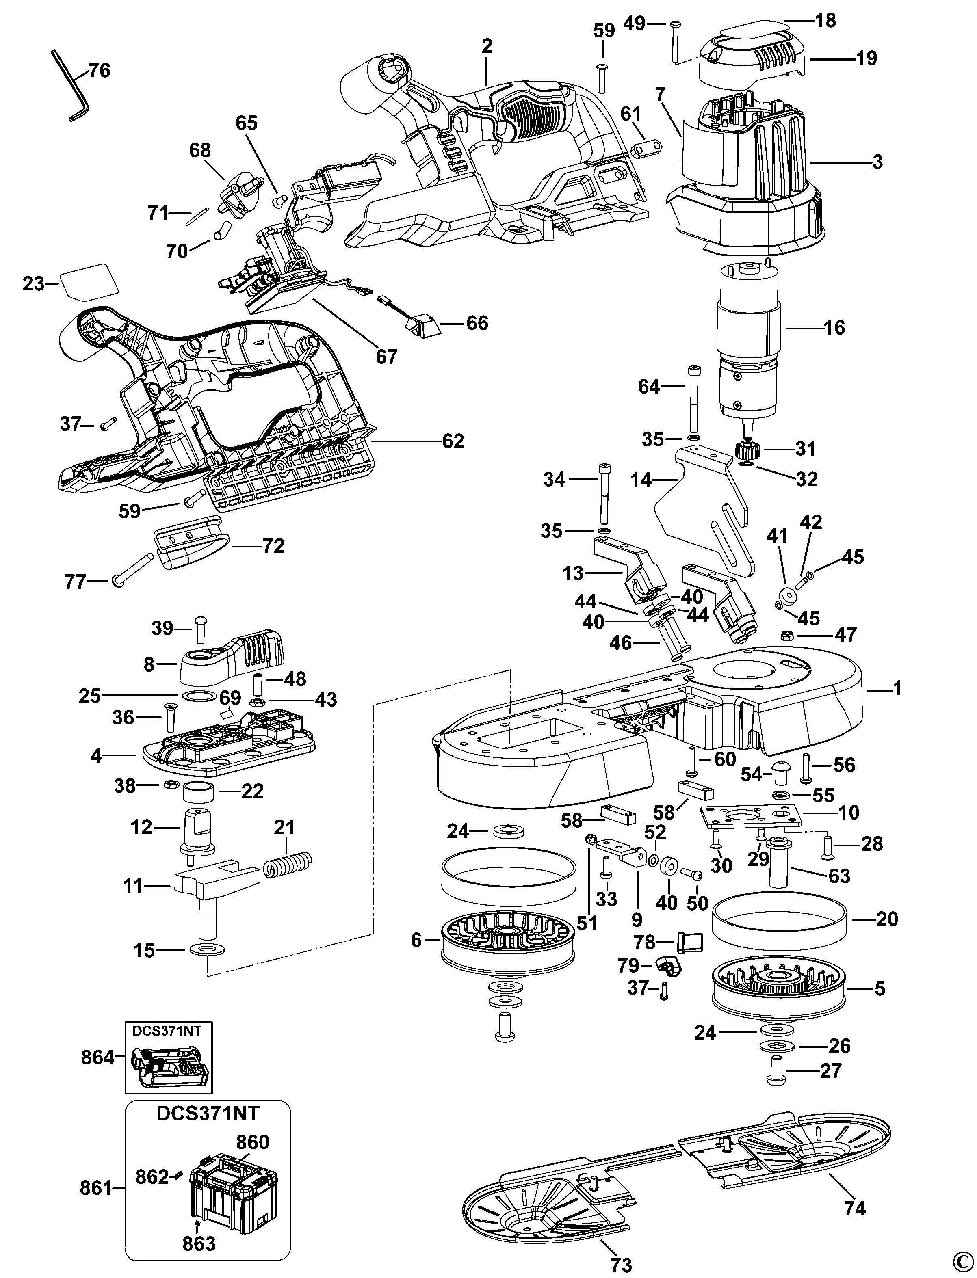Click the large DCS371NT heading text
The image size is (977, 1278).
(x=208, y=1113)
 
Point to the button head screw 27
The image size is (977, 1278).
(x=776, y=1071)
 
